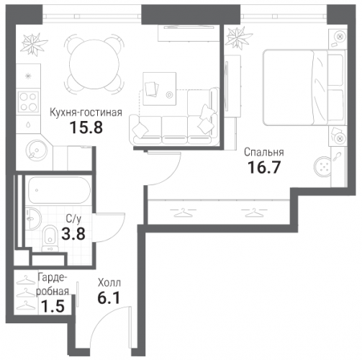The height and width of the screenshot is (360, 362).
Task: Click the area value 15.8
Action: [x=86, y=127]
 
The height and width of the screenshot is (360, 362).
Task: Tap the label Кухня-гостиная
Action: [x=86, y=112]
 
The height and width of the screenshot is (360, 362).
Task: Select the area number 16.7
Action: [x=264, y=167]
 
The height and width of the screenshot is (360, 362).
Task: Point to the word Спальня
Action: [x=264, y=152]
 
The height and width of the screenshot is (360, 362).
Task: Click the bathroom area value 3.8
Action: [x=73, y=234]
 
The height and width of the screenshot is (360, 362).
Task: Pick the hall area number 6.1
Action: [x=109, y=298]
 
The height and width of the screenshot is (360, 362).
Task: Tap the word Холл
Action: [x=109, y=283]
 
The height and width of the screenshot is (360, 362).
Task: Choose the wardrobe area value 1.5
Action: [x=53, y=306]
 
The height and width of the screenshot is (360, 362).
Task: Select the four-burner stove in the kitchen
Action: [x=28, y=102]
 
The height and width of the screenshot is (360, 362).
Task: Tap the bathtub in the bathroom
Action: [x=59, y=190]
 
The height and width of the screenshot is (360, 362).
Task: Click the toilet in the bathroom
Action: [x=50, y=238]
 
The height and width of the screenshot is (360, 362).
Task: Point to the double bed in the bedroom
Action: [x=304, y=87]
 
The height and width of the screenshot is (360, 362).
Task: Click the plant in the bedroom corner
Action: [x=240, y=38]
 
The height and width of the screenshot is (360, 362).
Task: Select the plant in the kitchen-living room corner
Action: [x=33, y=45]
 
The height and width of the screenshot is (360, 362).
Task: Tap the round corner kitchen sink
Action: [x=36, y=151]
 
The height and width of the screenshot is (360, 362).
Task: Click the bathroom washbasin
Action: [x=33, y=218]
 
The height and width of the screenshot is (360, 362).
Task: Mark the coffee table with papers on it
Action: [x=159, y=89]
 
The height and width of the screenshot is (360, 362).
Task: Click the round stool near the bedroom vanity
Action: [x=322, y=166]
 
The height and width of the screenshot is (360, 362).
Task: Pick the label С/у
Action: [x=74, y=219]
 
